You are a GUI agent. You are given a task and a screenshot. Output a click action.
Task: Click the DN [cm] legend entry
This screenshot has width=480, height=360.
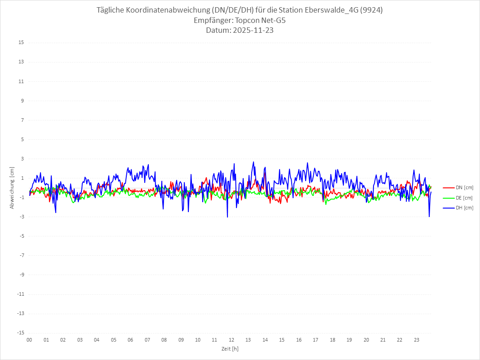[458, 187]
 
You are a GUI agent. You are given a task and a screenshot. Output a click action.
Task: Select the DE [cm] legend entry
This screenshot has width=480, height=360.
[458, 198]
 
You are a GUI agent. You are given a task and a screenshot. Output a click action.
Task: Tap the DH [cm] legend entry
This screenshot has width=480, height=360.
[458, 208]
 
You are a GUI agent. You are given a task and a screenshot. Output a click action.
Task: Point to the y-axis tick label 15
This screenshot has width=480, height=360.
[21, 43]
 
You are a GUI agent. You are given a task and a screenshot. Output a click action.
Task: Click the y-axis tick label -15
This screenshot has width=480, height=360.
[20, 333]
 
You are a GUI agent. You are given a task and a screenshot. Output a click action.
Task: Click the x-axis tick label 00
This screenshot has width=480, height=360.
[29, 340]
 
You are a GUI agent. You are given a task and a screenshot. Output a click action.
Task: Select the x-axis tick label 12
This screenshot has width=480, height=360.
[231, 340]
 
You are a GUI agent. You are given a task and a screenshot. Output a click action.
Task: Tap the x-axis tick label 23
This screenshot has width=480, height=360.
[417, 340]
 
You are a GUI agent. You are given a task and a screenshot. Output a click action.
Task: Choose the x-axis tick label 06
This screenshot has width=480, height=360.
[130, 340]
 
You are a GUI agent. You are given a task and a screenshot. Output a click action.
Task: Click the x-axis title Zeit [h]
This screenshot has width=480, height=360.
[230, 348]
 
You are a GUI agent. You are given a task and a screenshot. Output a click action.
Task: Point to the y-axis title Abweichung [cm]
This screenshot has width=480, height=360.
[12, 187]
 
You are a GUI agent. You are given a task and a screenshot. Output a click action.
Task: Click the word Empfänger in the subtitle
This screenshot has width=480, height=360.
[213, 21]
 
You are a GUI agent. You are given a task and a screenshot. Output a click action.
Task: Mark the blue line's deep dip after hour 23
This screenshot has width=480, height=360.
[429, 216]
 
